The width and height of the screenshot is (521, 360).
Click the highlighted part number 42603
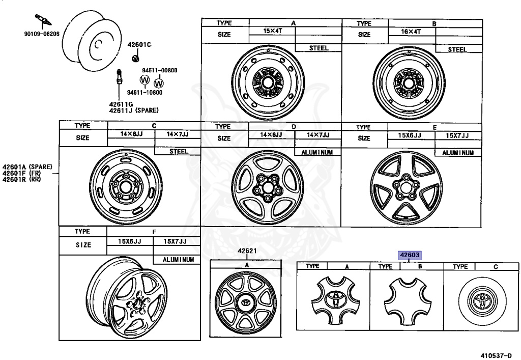click(x=410, y=255)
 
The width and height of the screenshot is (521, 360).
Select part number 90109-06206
click(x=42, y=34)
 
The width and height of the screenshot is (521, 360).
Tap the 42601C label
click(x=139, y=45)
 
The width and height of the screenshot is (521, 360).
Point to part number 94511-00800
click(x=160, y=70)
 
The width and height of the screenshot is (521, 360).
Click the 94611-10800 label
click(x=145, y=92)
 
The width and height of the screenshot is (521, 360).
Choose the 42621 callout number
click(x=247, y=251)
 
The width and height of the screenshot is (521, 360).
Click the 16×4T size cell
click(x=411, y=32)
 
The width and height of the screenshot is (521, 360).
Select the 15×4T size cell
click(x=273, y=31)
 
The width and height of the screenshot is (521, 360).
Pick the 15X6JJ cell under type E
click(x=410, y=135)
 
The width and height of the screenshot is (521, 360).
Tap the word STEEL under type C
click(x=179, y=151)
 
